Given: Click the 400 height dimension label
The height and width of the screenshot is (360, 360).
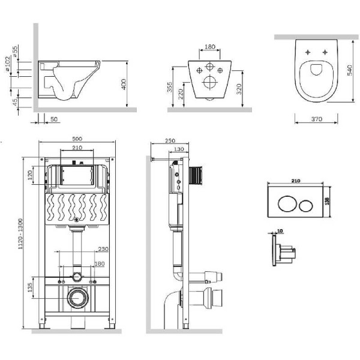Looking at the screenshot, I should [124, 85].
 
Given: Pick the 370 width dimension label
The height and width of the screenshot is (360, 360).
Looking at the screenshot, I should [317, 119].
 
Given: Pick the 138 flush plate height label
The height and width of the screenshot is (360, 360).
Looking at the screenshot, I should [328, 201].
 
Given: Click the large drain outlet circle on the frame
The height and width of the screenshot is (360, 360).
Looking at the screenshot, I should [76, 297].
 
